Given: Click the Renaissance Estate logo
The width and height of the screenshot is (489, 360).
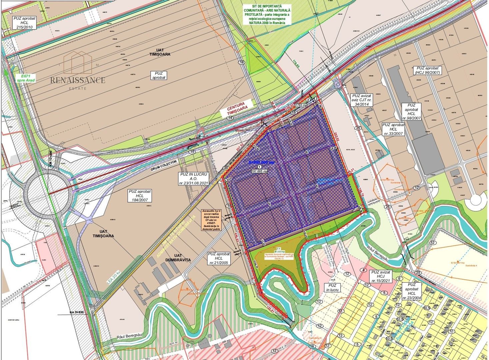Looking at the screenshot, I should [x=78, y=71].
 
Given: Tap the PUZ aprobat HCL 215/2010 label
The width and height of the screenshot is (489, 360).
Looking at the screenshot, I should [x=24, y=23].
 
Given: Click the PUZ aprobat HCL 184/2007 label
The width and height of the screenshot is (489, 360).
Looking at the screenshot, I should [x=139, y=196].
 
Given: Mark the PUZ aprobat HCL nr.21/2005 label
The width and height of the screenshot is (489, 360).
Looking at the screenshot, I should [x=219, y=258].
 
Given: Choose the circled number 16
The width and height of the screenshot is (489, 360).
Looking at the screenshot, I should [x=242, y=62].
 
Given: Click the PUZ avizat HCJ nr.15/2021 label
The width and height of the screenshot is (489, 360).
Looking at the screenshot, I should [x=381, y=277].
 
